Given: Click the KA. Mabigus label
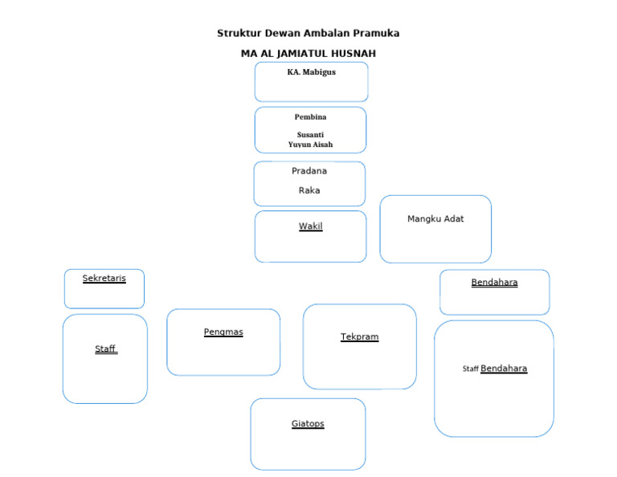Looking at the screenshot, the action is (x=311, y=72).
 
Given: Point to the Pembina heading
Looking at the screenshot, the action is (x=310, y=116).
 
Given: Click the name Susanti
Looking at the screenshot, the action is (x=310, y=134).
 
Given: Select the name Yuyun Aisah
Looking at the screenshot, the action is (x=310, y=145).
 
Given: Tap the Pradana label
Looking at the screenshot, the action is (x=309, y=171).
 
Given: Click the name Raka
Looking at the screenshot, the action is (x=309, y=190).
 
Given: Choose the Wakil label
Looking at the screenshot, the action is (x=310, y=226).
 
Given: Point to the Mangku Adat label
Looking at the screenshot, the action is (x=435, y=219).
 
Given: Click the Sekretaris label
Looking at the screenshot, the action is (x=104, y=278).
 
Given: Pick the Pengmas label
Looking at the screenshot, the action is (x=223, y=332).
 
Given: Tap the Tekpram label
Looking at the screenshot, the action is (x=360, y=336).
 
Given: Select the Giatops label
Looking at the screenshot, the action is (x=308, y=423).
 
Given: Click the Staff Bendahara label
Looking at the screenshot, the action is (x=495, y=369).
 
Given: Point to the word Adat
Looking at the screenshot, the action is (x=454, y=219).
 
